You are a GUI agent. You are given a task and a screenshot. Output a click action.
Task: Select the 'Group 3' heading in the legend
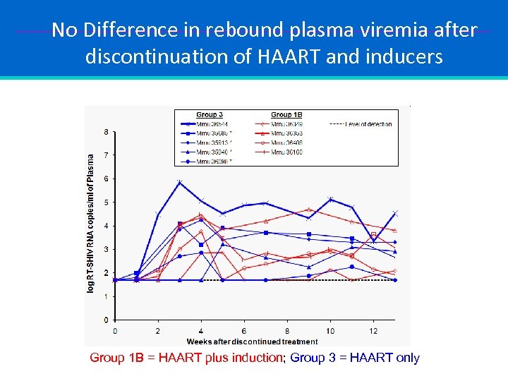coord(210,114)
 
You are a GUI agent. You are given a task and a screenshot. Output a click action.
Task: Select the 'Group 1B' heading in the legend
coord(286,114)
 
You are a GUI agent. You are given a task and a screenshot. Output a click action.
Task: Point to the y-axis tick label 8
coord(106,132)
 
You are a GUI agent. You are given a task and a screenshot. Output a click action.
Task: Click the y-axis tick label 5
coord(106,202)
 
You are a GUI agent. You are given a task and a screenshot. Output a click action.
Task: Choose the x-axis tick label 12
coord(373,330)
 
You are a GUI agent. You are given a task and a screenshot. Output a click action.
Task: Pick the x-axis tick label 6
coord(244,330)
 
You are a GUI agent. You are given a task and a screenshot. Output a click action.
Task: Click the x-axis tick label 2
coord(158,330)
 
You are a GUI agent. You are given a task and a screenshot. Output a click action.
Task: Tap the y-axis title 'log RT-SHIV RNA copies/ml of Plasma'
coord(90,224)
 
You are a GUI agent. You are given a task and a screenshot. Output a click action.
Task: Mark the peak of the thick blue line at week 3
coord(180,183)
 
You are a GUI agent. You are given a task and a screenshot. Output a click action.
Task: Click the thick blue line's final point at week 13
coord(395,213)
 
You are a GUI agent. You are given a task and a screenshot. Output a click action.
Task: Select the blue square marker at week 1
coord(137,273)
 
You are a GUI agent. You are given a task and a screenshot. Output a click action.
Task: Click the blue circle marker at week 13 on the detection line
coord(395,280)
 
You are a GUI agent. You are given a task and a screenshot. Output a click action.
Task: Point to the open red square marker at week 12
coord(373,235)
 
